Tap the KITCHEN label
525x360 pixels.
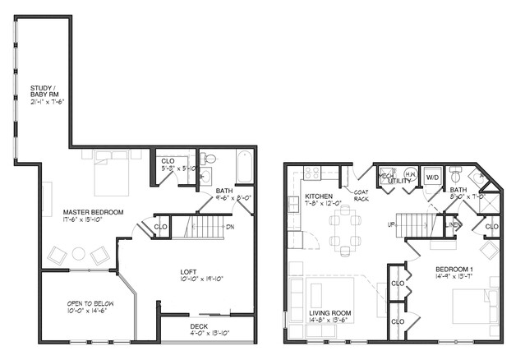pyautogui.click(x=319, y=197)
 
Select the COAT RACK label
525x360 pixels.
pyautogui.click(x=361, y=194)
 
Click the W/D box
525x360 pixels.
pyautogui.click(x=431, y=176)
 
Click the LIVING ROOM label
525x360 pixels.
pyautogui.click(x=331, y=313)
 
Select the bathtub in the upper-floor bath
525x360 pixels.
pyautogui.click(x=245, y=167)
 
